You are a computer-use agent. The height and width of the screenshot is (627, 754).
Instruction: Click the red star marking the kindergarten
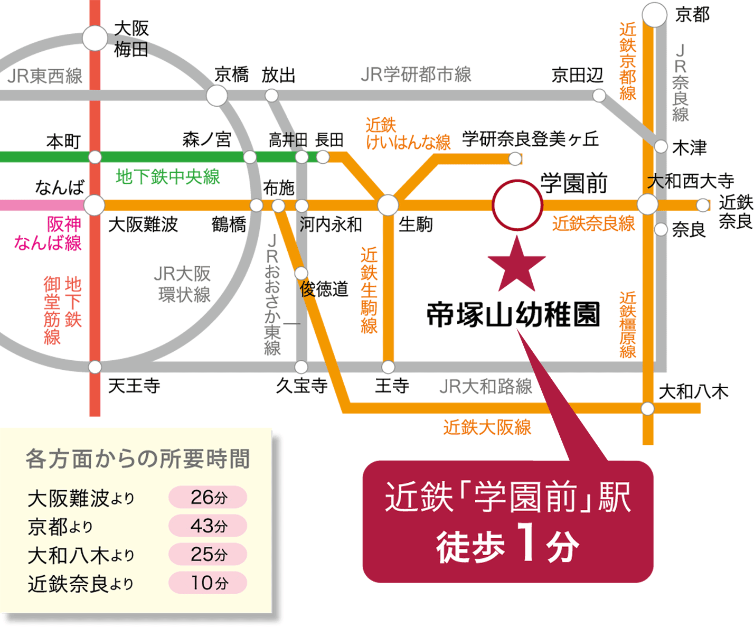pos(517,266)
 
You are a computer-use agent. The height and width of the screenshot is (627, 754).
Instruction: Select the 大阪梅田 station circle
pos(95,38)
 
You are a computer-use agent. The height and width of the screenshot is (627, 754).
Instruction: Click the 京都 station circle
pos(654,14)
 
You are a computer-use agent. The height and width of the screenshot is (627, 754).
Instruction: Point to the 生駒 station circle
pos(388,205)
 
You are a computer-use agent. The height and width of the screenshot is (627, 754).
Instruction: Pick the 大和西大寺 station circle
pos(647,204)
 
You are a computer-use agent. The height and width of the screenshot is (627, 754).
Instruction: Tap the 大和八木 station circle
pos(648,409)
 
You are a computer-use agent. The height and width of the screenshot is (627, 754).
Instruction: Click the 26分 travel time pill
pos(208,497)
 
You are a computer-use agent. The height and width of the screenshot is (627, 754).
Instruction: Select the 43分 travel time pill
pos(208,526)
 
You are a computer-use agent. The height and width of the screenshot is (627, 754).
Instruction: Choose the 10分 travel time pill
pos(208,583)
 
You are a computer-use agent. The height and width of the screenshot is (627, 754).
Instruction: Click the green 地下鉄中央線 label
pos(168,177)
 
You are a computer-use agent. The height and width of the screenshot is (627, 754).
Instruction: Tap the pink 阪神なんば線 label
pos(48,233)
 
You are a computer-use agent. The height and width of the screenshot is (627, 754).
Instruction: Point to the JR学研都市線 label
pos(416,74)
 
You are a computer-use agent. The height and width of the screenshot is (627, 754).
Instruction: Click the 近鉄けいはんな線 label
pos(408,133)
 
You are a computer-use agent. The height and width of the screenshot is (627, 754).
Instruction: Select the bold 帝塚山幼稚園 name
pos(513,315)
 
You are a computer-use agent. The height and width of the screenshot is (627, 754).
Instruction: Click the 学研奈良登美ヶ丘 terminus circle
pos(515,158)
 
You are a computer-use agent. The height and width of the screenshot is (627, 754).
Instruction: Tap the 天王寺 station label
pos(134,386)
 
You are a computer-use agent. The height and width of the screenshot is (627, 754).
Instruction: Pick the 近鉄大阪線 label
pos(487,427)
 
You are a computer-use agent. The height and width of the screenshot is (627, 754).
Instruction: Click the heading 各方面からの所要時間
pos(138,459)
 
